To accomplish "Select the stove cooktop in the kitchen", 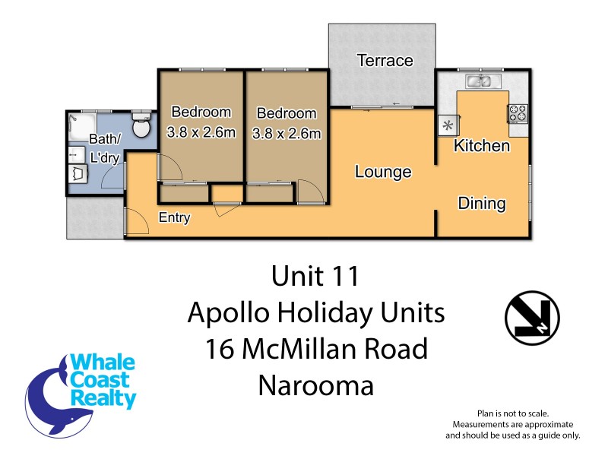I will click(x=518, y=113).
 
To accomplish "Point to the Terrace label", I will click(x=385, y=61).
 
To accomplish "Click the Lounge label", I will click(x=383, y=173).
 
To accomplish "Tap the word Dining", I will click(x=482, y=204).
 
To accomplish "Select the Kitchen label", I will click(x=481, y=146).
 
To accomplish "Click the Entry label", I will click(x=174, y=218).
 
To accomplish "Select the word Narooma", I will click(x=315, y=386).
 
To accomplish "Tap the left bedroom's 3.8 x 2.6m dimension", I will click(x=201, y=132).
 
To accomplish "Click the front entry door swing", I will click(x=135, y=223).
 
